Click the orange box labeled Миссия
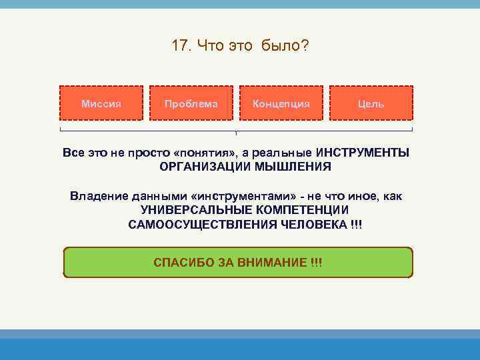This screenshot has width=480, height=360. tap(101, 103)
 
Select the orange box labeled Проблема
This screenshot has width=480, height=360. tap(191, 103)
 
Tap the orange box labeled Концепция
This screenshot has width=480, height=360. tap(281, 103)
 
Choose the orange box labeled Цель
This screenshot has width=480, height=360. tap(371, 103)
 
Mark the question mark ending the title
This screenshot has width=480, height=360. tap(305, 47)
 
